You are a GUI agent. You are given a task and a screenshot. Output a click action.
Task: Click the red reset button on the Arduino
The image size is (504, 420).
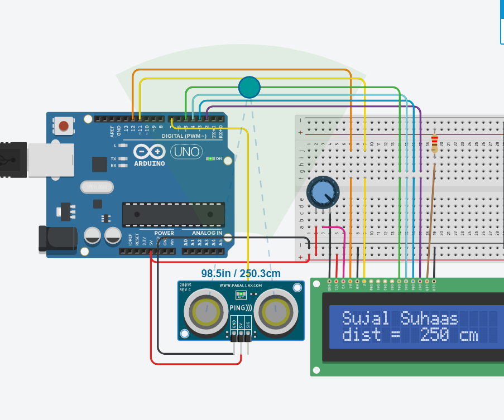(x=64, y=126)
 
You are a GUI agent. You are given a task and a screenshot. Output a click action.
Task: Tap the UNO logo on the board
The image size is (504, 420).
(x=186, y=151)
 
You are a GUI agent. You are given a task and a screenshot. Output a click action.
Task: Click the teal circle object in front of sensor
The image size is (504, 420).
(x=249, y=87)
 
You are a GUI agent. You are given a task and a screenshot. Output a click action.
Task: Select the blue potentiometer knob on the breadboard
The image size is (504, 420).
(x=322, y=191)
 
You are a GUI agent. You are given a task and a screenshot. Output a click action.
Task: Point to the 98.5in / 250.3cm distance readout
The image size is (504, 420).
(x=241, y=274)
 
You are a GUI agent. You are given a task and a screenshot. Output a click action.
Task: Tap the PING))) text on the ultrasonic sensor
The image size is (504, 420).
(x=241, y=308)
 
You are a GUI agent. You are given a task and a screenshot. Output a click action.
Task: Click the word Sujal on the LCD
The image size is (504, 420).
(x=365, y=318)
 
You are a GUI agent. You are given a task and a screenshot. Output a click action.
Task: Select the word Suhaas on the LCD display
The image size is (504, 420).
(x=429, y=318)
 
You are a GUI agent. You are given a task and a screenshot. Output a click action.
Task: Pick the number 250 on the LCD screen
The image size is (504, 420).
(x=434, y=335)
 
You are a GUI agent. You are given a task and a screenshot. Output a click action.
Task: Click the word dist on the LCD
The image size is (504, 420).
(x=361, y=335)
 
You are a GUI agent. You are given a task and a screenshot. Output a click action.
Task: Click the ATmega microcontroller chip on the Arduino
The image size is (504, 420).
(x=174, y=214)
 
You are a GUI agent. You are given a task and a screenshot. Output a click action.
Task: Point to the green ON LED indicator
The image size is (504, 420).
(x=210, y=159)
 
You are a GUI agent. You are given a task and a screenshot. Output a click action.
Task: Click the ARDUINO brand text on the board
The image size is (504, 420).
(x=149, y=164)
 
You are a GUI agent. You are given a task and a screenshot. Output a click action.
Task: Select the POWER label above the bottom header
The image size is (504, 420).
(x=164, y=233)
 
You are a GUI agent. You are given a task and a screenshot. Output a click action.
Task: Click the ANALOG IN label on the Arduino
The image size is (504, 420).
(x=207, y=233)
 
